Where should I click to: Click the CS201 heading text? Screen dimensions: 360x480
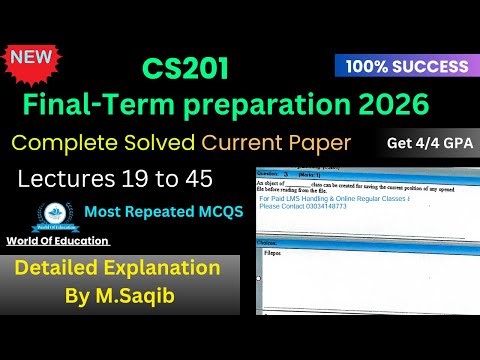pyautogui.click(x=184, y=68)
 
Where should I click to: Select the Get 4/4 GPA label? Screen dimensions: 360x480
pyautogui.click(x=430, y=143)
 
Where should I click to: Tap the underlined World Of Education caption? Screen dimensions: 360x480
pyautogui.click(x=57, y=243)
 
